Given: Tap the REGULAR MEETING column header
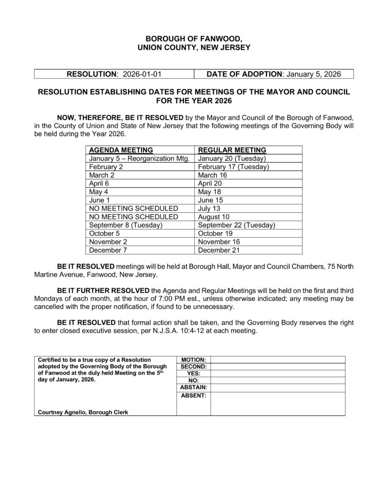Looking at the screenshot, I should point(232,150).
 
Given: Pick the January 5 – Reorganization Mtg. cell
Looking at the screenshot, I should point(139,158).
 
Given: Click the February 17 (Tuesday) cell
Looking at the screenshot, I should point(233,167).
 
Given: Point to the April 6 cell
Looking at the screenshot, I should point(99,183).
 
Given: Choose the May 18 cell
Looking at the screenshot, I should point(209,192).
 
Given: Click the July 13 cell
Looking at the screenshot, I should point(209,208).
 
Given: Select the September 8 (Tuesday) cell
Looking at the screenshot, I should point(126,225).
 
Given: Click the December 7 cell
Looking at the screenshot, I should point(105,250).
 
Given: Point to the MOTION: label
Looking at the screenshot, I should point(194,359).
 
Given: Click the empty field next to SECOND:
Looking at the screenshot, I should point(278,366).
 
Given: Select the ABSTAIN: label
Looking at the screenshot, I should point(193,387).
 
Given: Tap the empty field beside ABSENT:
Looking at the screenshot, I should point(278,403).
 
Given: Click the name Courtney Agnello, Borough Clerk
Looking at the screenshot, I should point(83,412).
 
